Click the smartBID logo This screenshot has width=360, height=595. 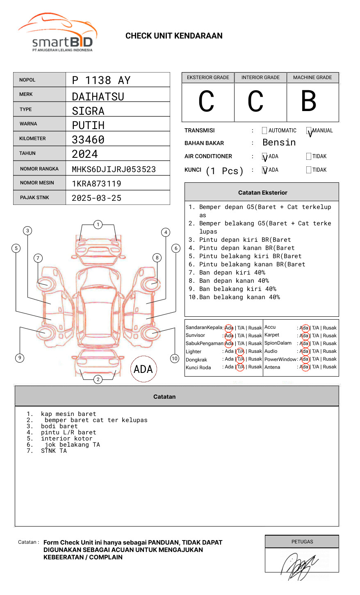pyautogui.click(x=57, y=33)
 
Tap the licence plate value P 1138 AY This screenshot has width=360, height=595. pyautogui.click(x=101, y=80)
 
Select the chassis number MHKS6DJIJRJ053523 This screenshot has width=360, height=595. pyautogui.click(x=114, y=169)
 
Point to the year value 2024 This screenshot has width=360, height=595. pyautogui.click(x=85, y=154)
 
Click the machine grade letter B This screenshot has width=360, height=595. pyautogui.click(x=309, y=101)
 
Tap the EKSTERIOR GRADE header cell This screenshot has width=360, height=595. pyautogui.click(x=208, y=77)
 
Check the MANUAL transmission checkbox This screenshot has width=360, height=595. pyautogui.click(x=309, y=131)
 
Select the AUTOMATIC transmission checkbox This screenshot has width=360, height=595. pyautogui.click(x=264, y=131)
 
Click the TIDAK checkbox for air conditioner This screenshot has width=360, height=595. pyautogui.click(x=309, y=157)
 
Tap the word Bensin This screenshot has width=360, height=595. pyautogui.click(x=279, y=143)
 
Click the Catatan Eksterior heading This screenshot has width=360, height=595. pyautogui.click(x=262, y=193)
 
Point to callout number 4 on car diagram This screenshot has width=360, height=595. pyautogui.click(x=166, y=232)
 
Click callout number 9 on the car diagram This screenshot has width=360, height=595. pyautogui.click(x=20, y=358)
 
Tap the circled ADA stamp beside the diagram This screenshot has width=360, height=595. pyautogui.click(x=143, y=369)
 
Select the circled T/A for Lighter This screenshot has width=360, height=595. pyautogui.click(x=240, y=351)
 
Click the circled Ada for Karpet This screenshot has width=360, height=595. pyautogui.click(x=304, y=336)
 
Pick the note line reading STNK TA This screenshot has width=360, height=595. pyautogui.click(x=54, y=451)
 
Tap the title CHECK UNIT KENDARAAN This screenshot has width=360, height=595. pyautogui.click(x=174, y=36)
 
